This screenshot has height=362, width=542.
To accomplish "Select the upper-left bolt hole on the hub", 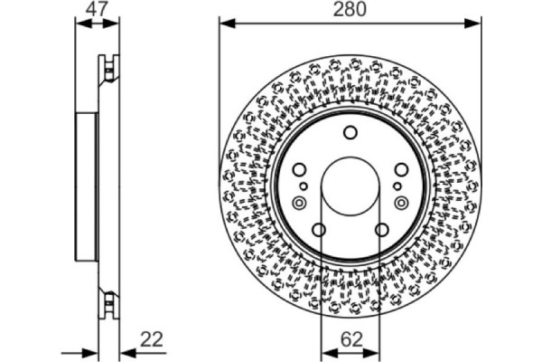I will pos(299,169).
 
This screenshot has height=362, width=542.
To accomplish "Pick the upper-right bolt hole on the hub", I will pos(400,169).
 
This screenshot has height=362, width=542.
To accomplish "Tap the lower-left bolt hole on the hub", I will pos(319,229).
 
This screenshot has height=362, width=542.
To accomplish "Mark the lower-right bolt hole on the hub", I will pos(380,229).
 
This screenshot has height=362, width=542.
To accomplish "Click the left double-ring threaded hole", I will pos(299,203).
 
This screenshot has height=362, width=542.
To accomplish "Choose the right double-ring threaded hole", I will pos(400,203).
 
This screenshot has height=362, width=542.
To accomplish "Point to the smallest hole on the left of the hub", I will pos(304,186).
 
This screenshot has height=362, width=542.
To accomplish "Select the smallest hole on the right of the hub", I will pos(395,186).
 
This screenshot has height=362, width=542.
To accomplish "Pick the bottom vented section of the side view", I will pos(108,303).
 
